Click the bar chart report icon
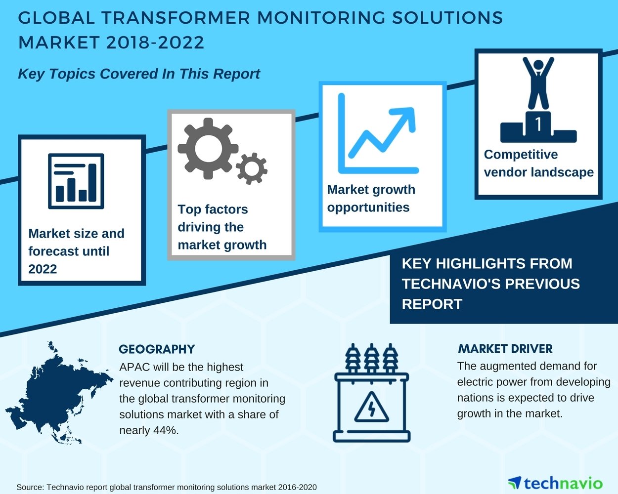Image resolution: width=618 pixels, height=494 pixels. coord(76,181)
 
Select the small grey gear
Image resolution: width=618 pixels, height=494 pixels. coord(252,168)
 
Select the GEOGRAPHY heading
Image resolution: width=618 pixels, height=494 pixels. coord(157,349)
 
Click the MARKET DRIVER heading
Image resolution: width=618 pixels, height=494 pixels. coord(505,349)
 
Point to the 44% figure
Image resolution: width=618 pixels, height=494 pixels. coord(165,430)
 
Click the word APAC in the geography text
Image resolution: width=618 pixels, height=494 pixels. coord(134,367)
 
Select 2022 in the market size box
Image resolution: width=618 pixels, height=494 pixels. coord(43,269)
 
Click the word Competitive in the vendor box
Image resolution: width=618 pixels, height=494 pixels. coord(521,155)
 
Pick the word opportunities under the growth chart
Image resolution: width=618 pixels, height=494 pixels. coord(368,207)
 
